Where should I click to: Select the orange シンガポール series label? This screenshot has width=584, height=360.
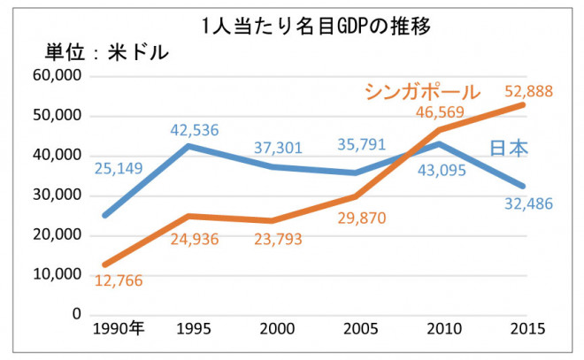(x=421, y=92)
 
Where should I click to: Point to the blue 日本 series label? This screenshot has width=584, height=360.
(x=509, y=148)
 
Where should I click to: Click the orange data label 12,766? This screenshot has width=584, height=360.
(x=118, y=281)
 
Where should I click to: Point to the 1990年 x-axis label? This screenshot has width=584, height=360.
(x=119, y=329)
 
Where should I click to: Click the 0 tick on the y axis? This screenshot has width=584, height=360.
(x=76, y=314)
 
